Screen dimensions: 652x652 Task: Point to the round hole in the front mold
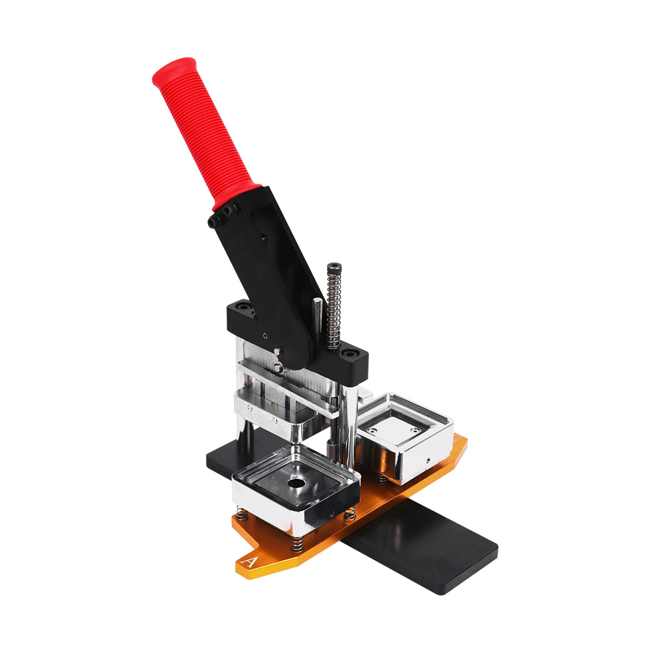(x=296, y=482)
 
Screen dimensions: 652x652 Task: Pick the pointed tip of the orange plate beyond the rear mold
(x=463, y=443)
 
